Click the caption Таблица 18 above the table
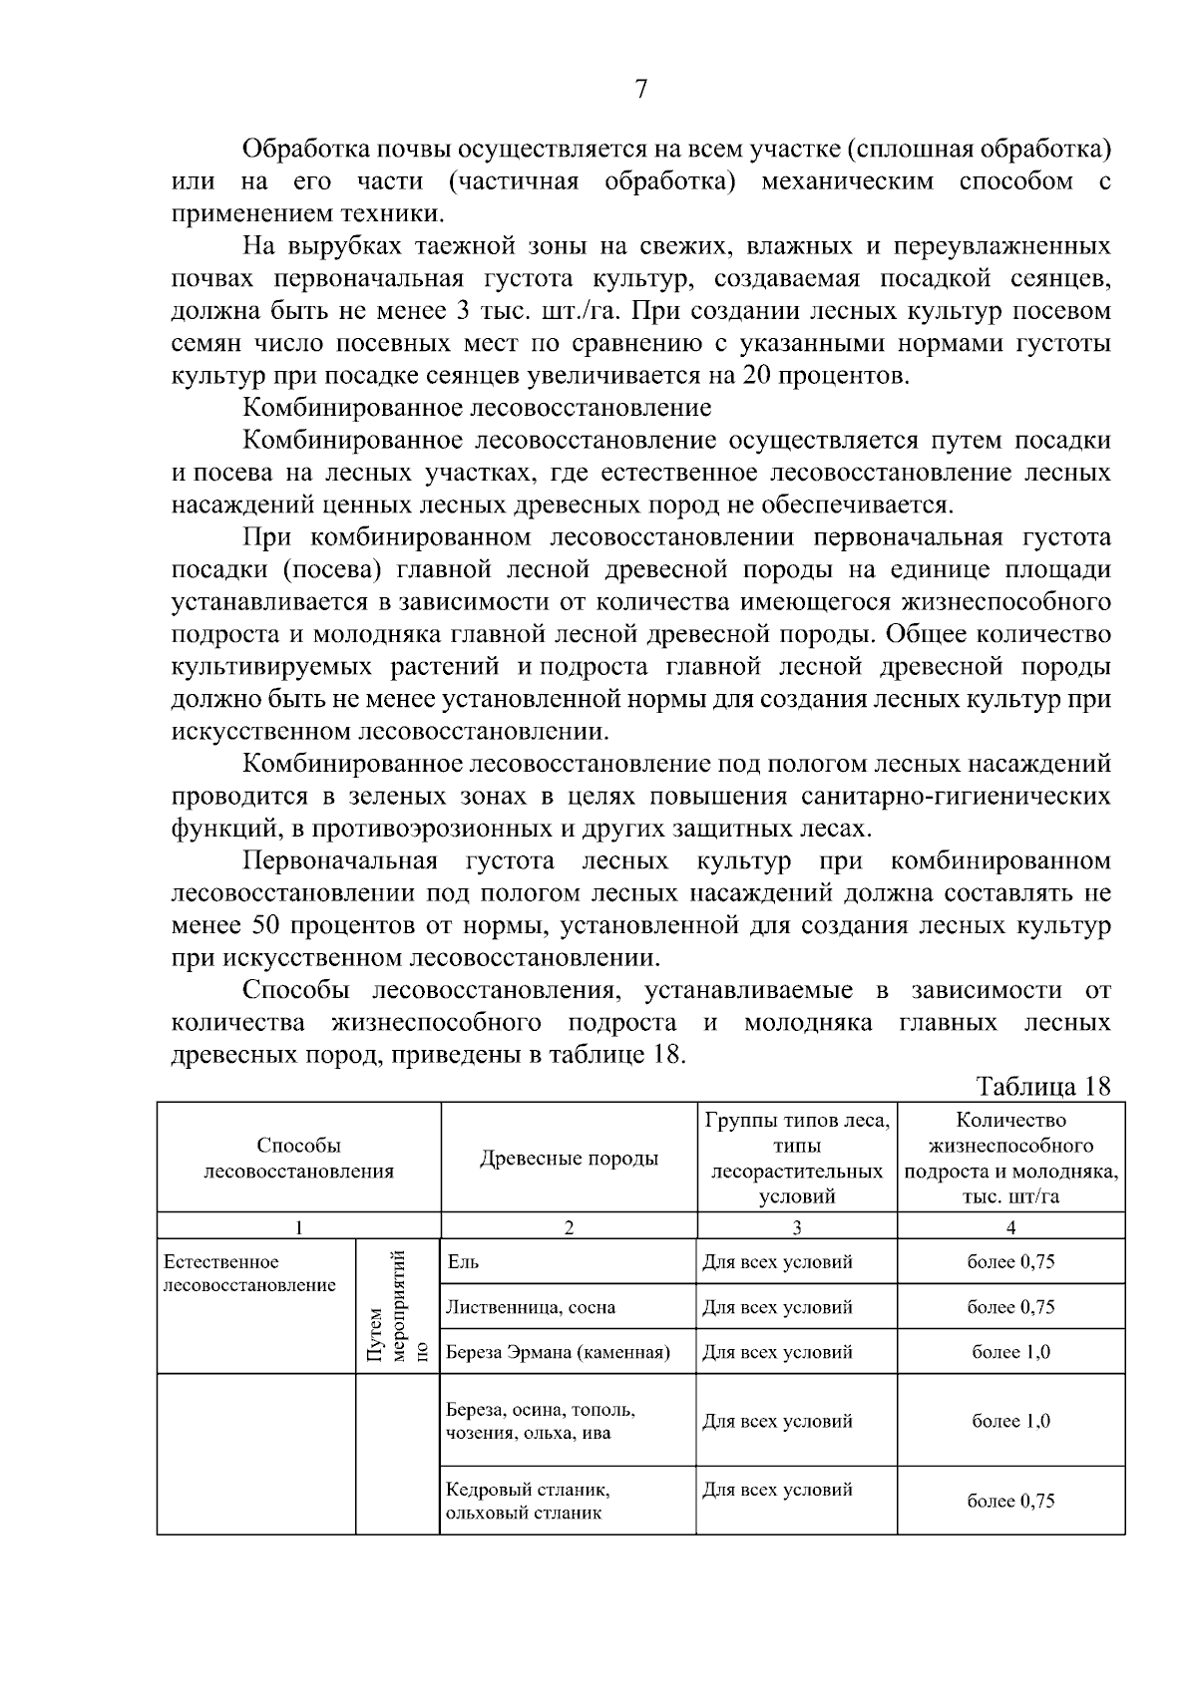1043,1086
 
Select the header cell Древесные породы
569,1158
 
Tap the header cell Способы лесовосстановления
298,1158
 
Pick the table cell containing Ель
463,1262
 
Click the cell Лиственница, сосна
530,1307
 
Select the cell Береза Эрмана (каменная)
557,1353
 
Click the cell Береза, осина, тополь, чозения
540,1421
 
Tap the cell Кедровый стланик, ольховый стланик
528,1501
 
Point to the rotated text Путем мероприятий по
397,1306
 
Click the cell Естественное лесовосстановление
249,1273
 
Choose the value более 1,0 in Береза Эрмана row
1010,1353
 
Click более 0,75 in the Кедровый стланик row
1010,1501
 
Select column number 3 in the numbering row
796,1227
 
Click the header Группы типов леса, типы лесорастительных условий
796,1158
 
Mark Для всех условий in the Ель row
777,1262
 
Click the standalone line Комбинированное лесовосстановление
478,408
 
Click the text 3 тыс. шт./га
543,311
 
